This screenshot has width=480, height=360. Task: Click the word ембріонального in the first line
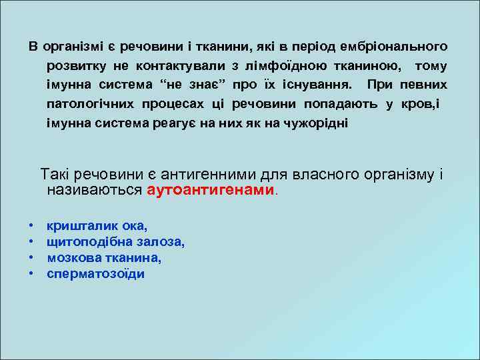394,47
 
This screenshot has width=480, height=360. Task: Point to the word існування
313,86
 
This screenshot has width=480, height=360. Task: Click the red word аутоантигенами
210,190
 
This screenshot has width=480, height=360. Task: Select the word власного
329,175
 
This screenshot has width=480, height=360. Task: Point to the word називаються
94,190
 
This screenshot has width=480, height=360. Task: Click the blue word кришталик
74,226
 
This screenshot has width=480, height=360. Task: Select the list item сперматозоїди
95,274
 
